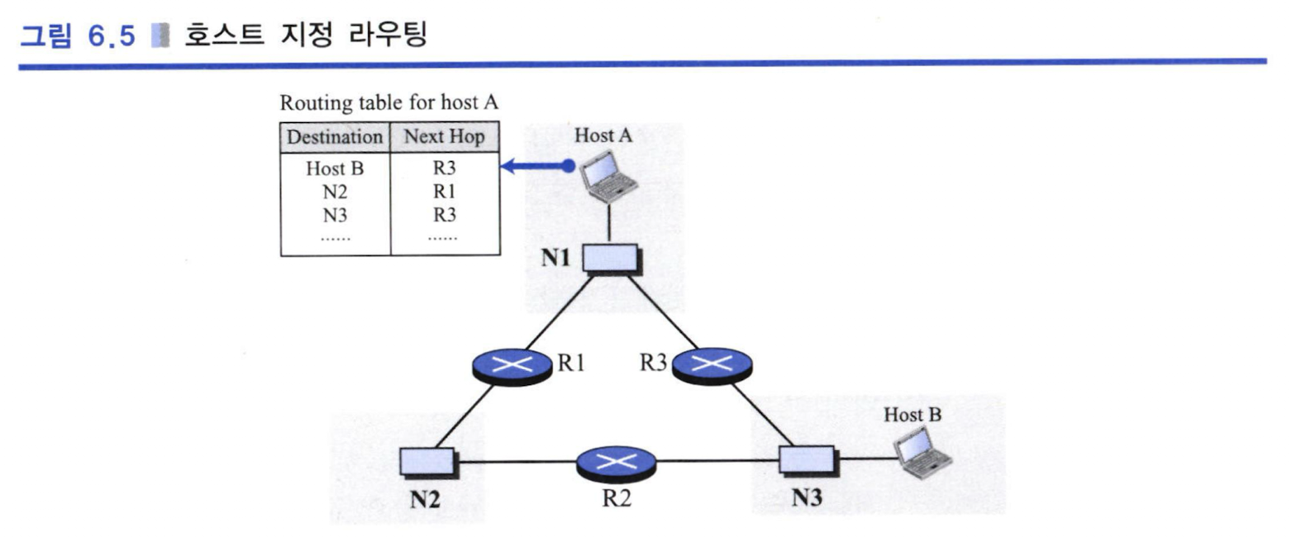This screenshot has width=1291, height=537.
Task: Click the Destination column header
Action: (335, 137)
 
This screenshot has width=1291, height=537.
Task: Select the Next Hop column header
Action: (445, 136)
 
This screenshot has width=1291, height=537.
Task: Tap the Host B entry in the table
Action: (335, 169)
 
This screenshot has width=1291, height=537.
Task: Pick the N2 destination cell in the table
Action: (335, 192)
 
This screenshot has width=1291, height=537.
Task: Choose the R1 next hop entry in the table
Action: (445, 191)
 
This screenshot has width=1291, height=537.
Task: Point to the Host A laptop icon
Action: (608, 177)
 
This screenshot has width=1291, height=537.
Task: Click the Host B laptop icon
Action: (922, 453)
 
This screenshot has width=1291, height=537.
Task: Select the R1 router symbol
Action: (512, 367)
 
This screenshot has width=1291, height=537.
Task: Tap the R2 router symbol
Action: (616, 463)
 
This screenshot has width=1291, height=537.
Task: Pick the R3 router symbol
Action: (712, 366)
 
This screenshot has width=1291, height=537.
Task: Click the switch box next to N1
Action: (611, 259)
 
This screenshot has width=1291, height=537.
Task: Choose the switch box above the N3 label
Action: (808, 461)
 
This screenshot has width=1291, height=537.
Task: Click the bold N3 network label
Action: (807, 498)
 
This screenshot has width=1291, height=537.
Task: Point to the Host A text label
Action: (603, 135)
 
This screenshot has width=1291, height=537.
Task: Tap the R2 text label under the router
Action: (617, 498)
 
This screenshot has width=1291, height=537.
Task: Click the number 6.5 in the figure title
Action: (112, 36)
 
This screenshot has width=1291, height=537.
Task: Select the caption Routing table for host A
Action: (389, 102)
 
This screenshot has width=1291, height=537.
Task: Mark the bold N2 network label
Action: (426, 500)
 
